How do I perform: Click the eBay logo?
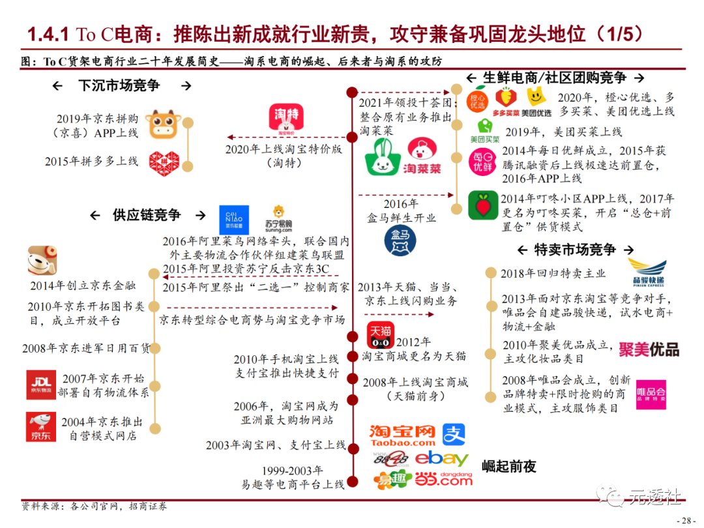442,459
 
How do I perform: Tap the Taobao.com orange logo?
402,435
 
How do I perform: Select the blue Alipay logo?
454,435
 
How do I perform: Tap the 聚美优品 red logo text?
649,349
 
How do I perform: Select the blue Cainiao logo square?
234,220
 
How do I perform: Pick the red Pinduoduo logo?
163,161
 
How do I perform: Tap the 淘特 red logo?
286,120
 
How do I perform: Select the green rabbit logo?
384,156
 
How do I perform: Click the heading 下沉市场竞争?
119,85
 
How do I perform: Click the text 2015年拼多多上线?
91,161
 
